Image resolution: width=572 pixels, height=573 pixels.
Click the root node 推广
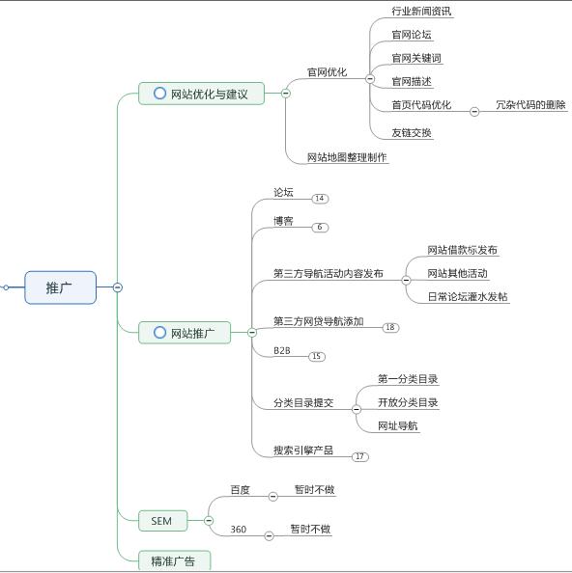(x=60, y=287)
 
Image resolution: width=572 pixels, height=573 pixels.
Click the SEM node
(x=161, y=521)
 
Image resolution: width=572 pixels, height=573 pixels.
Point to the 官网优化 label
(x=327, y=71)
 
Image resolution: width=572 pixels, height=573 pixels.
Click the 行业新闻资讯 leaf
(x=421, y=12)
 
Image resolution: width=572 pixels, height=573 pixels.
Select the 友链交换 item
(x=412, y=132)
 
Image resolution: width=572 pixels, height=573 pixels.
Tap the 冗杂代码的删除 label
(x=530, y=104)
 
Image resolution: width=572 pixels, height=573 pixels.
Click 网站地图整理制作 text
(x=347, y=157)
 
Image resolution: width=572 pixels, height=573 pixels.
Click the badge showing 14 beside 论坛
(x=320, y=199)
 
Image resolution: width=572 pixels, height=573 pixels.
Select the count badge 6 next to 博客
(x=320, y=228)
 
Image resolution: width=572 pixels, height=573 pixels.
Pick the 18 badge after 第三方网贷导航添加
(x=390, y=328)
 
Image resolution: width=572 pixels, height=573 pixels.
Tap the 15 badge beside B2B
(x=317, y=357)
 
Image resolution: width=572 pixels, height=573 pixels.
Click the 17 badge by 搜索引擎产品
(x=360, y=457)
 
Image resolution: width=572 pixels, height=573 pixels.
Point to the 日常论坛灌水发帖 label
(x=468, y=297)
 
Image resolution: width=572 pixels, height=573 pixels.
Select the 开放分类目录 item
(x=408, y=402)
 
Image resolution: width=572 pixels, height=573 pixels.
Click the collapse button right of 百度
(x=272, y=496)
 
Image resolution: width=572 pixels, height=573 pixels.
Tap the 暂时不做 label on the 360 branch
(x=310, y=530)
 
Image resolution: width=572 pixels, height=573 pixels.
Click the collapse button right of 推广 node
(x=117, y=287)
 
